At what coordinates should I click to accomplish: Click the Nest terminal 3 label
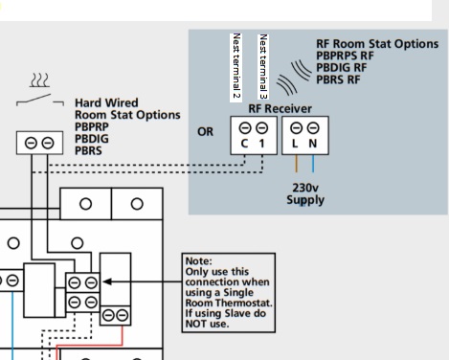(x=263, y=66)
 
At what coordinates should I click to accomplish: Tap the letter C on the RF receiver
(x=244, y=144)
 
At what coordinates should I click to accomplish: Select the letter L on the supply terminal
(x=295, y=144)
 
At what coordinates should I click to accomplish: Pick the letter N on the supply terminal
(x=313, y=144)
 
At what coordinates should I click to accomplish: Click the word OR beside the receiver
(x=205, y=132)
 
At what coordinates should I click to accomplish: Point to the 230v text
(x=305, y=188)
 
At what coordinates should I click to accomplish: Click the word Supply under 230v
(x=305, y=200)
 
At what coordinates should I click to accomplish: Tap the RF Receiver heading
(x=280, y=109)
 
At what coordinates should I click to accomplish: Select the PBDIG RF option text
(x=342, y=68)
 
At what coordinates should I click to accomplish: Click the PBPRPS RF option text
(x=345, y=56)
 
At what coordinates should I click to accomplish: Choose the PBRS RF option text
(x=338, y=79)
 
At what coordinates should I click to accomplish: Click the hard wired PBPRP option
(x=92, y=127)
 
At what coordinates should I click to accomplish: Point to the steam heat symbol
(x=39, y=80)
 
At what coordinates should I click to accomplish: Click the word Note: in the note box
(x=198, y=261)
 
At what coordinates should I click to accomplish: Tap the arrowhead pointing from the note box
(x=107, y=281)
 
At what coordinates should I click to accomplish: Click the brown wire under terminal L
(x=296, y=164)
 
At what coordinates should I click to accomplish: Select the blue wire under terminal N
(x=313, y=164)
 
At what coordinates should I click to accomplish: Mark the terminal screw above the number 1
(x=261, y=128)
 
